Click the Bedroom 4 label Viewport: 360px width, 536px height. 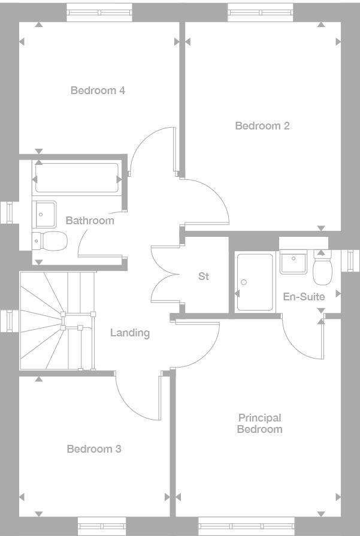[98, 91]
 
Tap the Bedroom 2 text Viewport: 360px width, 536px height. [262, 126]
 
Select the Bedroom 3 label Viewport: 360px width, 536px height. [94, 449]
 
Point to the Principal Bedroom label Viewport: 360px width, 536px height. [260, 423]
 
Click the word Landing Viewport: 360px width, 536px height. [130, 333]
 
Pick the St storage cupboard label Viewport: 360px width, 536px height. [204, 276]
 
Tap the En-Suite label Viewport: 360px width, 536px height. [304, 297]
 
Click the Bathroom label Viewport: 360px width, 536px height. [90, 221]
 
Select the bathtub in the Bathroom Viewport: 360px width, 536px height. [77, 179]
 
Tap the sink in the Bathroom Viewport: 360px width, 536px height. [45, 212]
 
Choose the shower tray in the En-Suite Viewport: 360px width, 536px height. [255, 282]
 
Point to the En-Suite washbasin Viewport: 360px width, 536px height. [294, 262]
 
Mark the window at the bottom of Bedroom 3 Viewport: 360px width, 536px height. [102, 525]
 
